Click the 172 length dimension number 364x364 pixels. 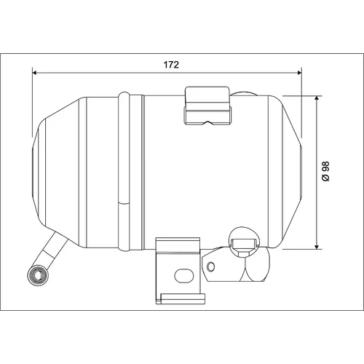171,65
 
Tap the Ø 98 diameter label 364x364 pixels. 325,171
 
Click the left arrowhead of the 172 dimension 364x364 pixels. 34,73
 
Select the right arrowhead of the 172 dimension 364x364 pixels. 299,73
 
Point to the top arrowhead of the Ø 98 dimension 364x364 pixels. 317,98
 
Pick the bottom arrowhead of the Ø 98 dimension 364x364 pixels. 317,247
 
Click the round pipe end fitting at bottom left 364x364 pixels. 38,275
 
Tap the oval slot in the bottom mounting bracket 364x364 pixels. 184,276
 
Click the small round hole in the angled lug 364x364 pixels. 210,266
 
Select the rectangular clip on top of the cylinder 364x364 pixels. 207,106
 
